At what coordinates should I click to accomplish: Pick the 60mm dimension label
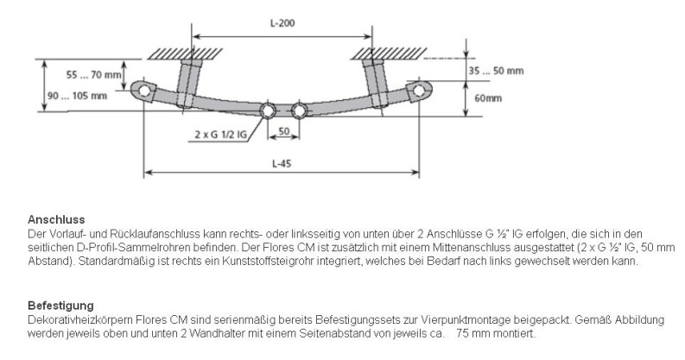click(489, 98)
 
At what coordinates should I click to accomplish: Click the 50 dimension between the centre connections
click(283, 131)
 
